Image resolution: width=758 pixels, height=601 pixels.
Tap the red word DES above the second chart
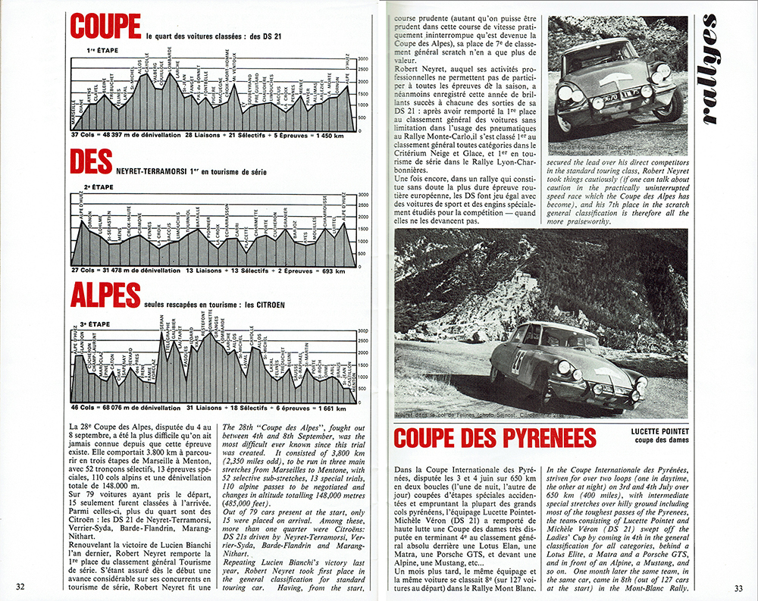pos(90,161)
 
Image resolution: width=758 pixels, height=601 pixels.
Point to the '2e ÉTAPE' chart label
pos(99,186)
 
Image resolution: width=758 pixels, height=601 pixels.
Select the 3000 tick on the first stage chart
pos(363,58)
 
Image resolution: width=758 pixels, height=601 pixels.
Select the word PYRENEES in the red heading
pos(540,438)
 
